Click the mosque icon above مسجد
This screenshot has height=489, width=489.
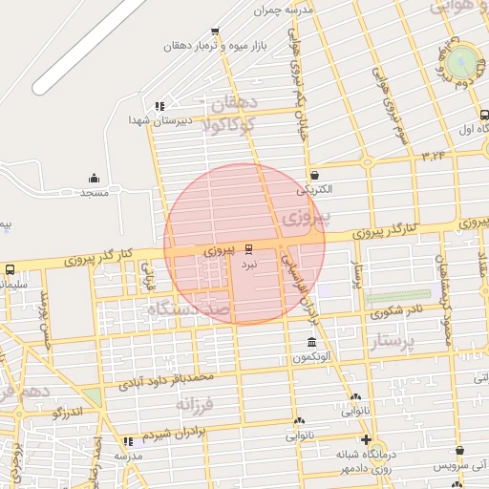pyautogui.click(x=94, y=178)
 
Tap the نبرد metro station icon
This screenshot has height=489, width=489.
pyautogui.click(x=249, y=247)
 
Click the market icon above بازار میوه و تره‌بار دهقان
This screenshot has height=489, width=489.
pyautogui.click(x=214, y=31)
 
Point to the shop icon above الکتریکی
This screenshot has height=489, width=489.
pyautogui.click(x=315, y=175)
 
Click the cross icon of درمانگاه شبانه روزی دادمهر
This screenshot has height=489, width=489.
pyautogui.click(x=366, y=439)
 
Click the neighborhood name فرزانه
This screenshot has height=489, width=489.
pyautogui.click(x=199, y=404)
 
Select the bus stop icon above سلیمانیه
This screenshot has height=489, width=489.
pyautogui.click(x=10, y=269)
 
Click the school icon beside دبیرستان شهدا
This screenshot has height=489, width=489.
pyautogui.click(x=159, y=106)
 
